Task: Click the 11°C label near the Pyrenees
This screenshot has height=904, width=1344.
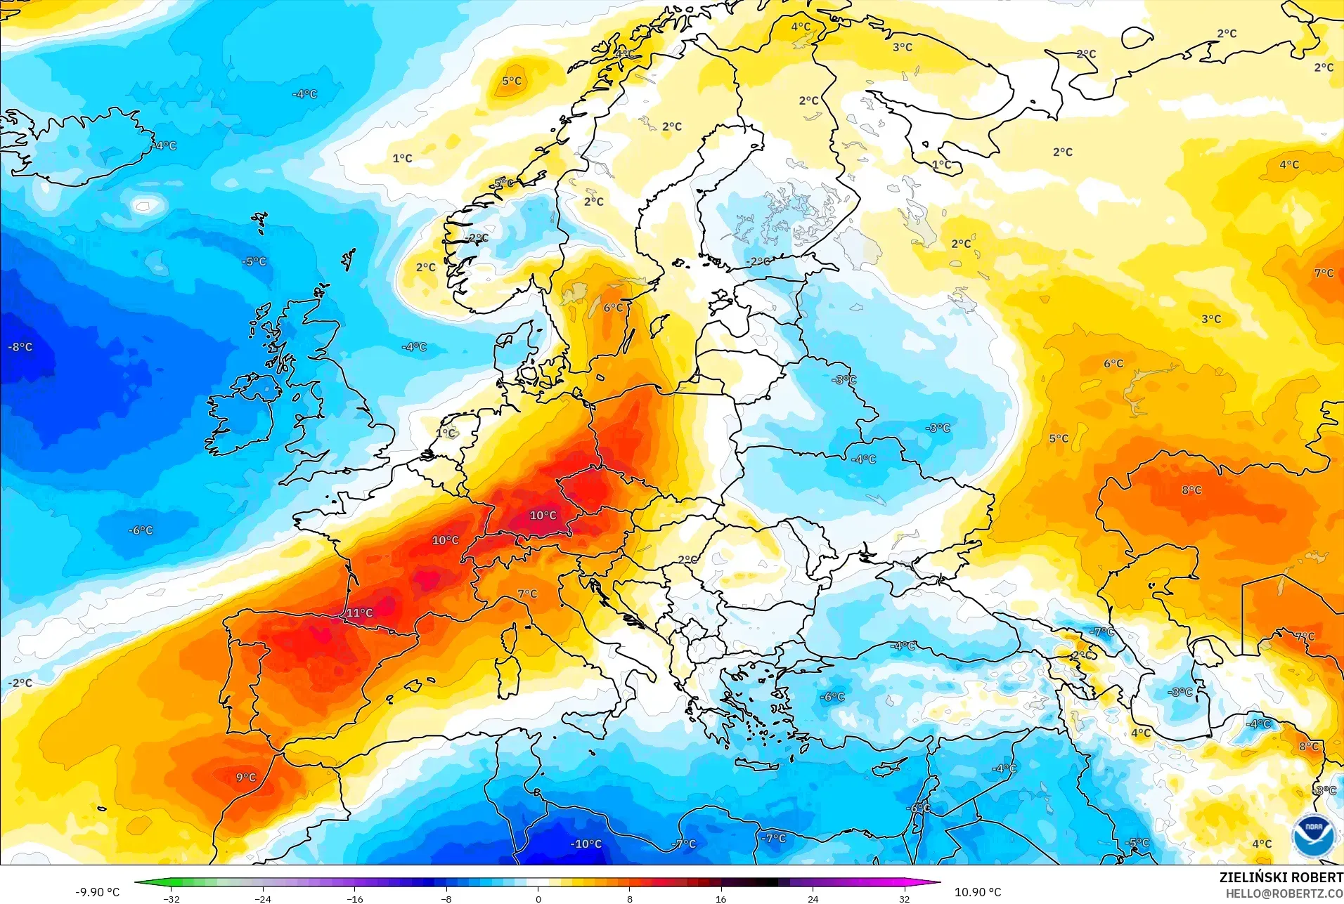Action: pyautogui.click(x=359, y=613)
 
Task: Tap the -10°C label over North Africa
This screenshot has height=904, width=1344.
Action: pyautogui.click(x=586, y=844)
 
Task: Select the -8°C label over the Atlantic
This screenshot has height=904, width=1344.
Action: pyautogui.click(x=20, y=347)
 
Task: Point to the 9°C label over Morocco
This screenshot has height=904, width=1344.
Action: pyautogui.click(x=246, y=778)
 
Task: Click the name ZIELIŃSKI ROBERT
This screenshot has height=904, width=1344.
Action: pyautogui.click(x=1281, y=877)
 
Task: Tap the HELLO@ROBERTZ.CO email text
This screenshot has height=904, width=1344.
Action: pyautogui.click(x=1284, y=893)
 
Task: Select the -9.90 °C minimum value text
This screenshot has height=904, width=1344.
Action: pyautogui.click(x=97, y=892)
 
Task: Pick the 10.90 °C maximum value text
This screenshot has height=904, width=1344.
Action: pyautogui.click(x=977, y=892)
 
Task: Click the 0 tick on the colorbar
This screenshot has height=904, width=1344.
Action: pyautogui.click(x=538, y=898)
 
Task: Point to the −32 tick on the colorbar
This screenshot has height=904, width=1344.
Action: pyautogui.click(x=172, y=898)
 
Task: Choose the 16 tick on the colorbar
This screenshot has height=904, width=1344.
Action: pyautogui.click(x=721, y=898)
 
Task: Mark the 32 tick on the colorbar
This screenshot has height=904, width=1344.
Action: pyautogui.click(x=904, y=898)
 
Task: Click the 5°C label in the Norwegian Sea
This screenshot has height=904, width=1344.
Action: pyautogui.click(x=512, y=81)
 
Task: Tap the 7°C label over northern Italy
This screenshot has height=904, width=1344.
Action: pyautogui.click(x=527, y=594)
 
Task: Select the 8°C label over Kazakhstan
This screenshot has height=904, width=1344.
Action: pyautogui.click(x=1191, y=490)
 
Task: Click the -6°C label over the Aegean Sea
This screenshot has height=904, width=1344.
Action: pyautogui.click(x=832, y=697)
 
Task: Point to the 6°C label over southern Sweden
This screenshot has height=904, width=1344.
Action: pyautogui.click(x=613, y=308)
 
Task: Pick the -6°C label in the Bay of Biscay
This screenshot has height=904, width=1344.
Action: pyautogui.click(x=141, y=530)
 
